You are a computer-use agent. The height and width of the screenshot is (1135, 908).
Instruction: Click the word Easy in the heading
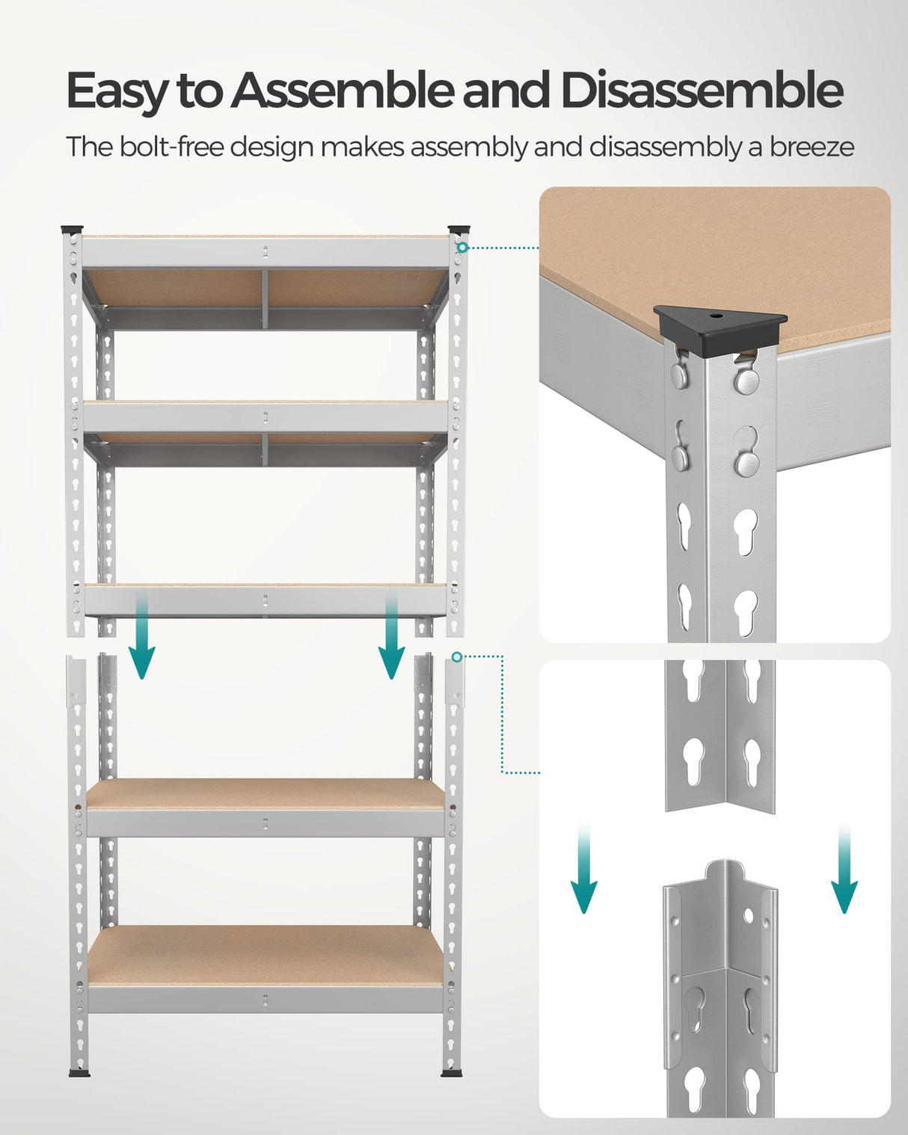(x=117, y=91)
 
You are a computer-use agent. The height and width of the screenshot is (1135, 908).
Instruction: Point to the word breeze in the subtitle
(x=812, y=147)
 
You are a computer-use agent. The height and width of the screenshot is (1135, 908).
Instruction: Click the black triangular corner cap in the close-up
(x=719, y=322)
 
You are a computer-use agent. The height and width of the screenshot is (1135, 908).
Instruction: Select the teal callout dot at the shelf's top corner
(x=463, y=247)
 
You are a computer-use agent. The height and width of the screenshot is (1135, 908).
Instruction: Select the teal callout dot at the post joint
(x=456, y=656)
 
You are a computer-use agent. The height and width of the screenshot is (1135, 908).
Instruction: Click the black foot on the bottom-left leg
(x=79, y=1073)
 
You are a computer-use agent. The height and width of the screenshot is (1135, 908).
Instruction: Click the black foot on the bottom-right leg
(x=451, y=1073)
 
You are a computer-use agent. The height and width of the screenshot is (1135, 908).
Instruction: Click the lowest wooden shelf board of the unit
(x=266, y=955)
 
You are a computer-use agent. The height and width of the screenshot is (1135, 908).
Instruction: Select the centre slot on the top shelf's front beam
(x=266, y=252)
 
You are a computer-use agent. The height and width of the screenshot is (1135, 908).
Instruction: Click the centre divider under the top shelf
(x=265, y=299)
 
